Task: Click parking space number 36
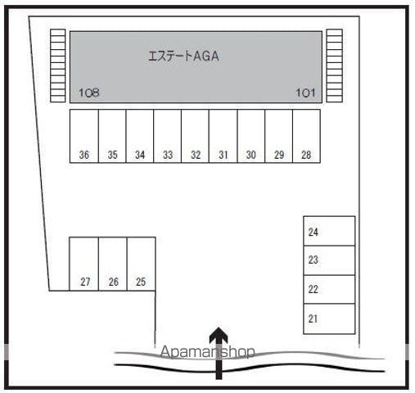pyautogui.click(x=84, y=136)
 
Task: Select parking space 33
pyautogui.click(x=168, y=136)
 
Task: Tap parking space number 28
pyautogui.click(x=306, y=136)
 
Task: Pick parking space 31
pyautogui.click(x=223, y=136)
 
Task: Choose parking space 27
pyautogui.click(x=84, y=264)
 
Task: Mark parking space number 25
pyautogui.click(x=142, y=264)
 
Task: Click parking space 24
pyautogui.click(x=329, y=231)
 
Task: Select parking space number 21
pyautogui.click(x=329, y=318)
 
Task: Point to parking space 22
pyautogui.click(x=329, y=289)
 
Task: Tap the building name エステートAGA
pyautogui.click(x=183, y=56)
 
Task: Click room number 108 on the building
pyautogui.click(x=89, y=93)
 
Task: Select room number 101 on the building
pyautogui.click(x=305, y=93)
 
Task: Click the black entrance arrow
pyautogui.click(x=219, y=353)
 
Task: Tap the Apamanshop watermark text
pyautogui.click(x=208, y=352)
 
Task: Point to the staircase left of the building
pyautogui.click(x=58, y=65)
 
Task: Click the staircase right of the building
pyautogui.click(x=335, y=65)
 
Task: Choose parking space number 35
pyautogui.click(x=112, y=136)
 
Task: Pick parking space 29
pyautogui.click(x=278, y=136)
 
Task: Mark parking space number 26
pyautogui.click(x=113, y=264)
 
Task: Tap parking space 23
pyautogui.click(x=329, y=260)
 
